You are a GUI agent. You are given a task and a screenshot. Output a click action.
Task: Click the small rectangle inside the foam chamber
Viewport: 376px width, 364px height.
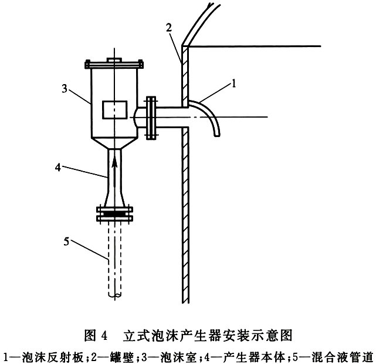coord(114,110)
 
